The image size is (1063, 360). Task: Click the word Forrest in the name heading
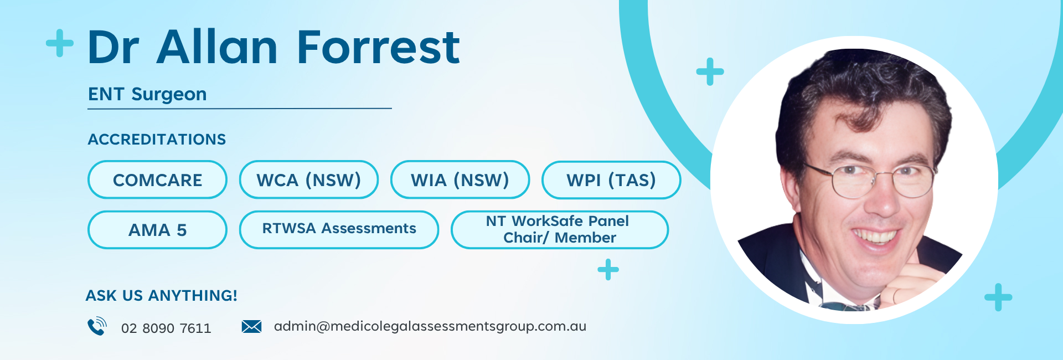click(x=378, y=47)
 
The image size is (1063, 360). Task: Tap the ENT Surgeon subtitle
click(x=147, y=95)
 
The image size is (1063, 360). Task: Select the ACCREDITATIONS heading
click(x=157, y=139)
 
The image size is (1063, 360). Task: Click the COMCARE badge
click(x=157, y=180)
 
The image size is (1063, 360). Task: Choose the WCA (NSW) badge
click(x=309, y=180)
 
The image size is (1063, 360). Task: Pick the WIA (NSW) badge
click(x=460, y=180)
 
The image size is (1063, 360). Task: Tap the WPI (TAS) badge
click(x=611, y=180)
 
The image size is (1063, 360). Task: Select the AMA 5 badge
click(x=157, y=230)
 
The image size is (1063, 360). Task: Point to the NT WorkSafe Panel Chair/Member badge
click(x=560, y=230)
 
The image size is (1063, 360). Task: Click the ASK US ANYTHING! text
click(x=161, y=296)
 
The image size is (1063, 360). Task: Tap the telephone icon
click(x=97, y=326)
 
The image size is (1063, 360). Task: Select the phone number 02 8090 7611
click(x=166, y=328)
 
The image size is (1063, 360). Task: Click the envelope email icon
click(x=251, y=327)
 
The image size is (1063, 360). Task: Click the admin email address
click(x=430, y=326)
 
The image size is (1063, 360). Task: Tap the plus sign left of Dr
click(x=60, y=43)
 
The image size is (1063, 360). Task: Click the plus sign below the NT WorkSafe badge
click(x=608, y=270)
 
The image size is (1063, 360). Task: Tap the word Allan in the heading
click(x=217, y=47)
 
